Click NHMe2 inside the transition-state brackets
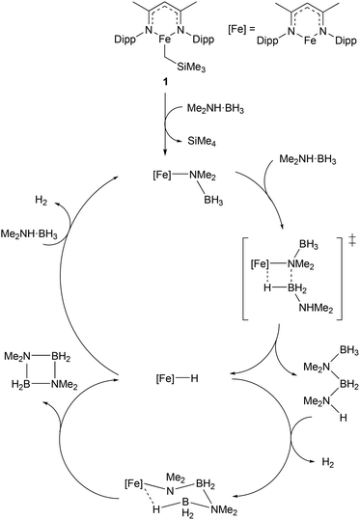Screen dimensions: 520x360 coord(308,319)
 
